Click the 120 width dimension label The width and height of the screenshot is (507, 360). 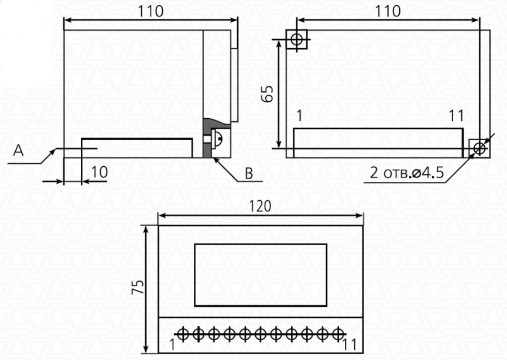pyautogui.click(x=261, y=206)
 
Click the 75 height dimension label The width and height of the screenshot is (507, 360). pyautogui.click(x=138, y=287)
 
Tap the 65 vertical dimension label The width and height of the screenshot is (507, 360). pyautogui.click(x=268, y=94)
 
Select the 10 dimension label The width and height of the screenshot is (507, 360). pyautogui.click(x=100, y=172)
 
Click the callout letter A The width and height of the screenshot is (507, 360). pyautogui.click(x=18, y=150)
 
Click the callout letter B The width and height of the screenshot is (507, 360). pyautogui.click(x=249, y=173)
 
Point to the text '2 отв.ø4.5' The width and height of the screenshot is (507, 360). pyautogui.click(x=407, y=173)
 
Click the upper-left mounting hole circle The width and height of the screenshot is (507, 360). pyautogui.click(x=296, y=39)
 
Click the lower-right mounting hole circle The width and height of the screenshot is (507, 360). pyautogui.click(x=480, y=149)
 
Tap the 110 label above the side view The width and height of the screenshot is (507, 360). pyautogui.click(x=150, y=12)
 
